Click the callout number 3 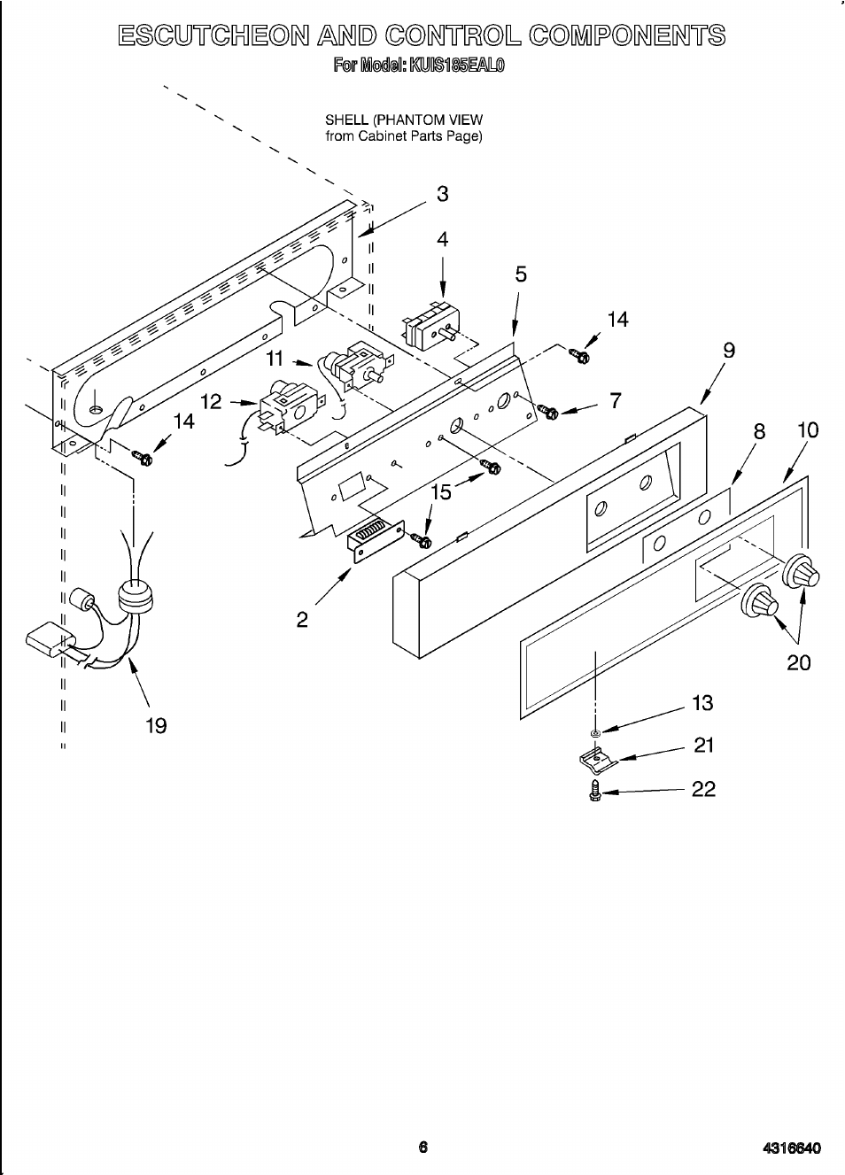pyautogui.click(x=443, y=194)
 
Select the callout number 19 pyautogui.click(x=156, y=726)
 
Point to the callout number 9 pyautogui.click(x=729, y=351)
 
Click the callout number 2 pyautogui.click(x=302, y=620)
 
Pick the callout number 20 pyautogui.click(x=799, y=663)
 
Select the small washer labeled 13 pyautogui.click(x=595, y=732)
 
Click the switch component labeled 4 pyautogui.click(x=430, y=324)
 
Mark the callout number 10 pyautogui.click(x=808, y=430)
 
